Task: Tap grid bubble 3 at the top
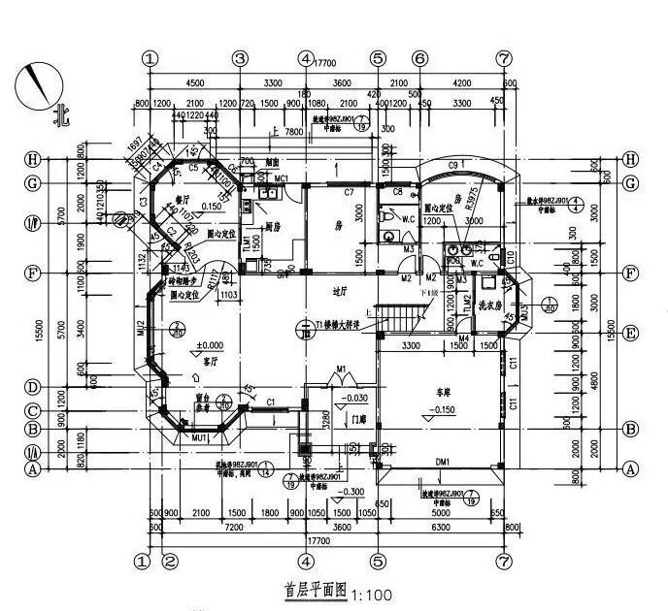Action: tap(240, 58)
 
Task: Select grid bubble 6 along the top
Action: tap(419, 58)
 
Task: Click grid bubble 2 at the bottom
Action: tap(169, 560)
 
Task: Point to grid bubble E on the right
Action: tap(631, 332)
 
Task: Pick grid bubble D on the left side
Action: tap(32, 387)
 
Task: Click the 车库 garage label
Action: tap(446, 392)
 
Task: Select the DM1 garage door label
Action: tap(442, 463)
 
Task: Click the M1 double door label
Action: tap(340, 369)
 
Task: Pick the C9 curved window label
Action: tap(452, 167)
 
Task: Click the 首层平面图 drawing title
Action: tap(316, 590)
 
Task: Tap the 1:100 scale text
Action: tap(370, 592)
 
